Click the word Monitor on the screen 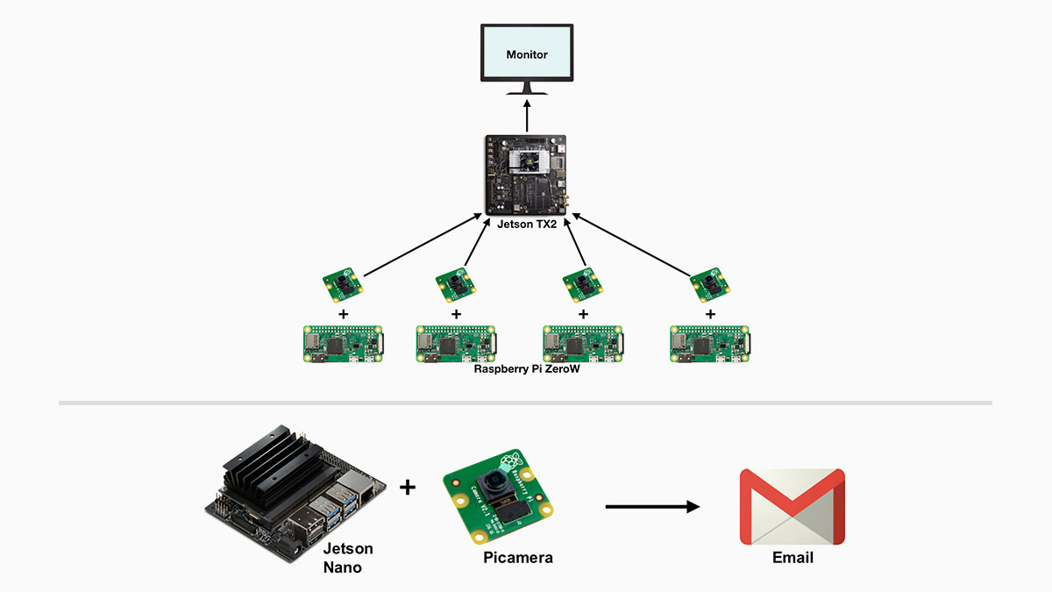coord(527,54)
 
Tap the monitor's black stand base coord(527,90)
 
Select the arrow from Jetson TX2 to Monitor coord(527,118)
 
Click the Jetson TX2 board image coord(526,175)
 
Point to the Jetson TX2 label coord(527,224)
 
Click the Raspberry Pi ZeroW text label coord(527,369)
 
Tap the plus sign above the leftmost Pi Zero coord(343,313)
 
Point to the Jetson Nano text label coord(348,558)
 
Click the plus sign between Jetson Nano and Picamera coord(408,487)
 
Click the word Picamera coord(518,558)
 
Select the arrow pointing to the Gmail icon coord(652,506)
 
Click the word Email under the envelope coord(793,558)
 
